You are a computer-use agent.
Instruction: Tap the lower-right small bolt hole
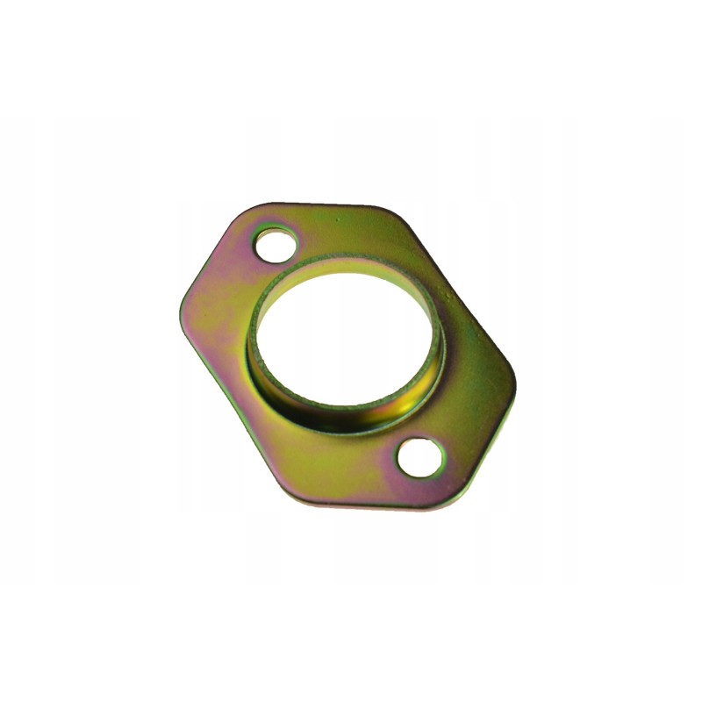[x=420, y=456]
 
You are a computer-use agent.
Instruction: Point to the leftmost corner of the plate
[x=180, y=302]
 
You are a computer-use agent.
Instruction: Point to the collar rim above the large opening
[x=351, y=262]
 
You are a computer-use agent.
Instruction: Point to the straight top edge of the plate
[x=325, y=206]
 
